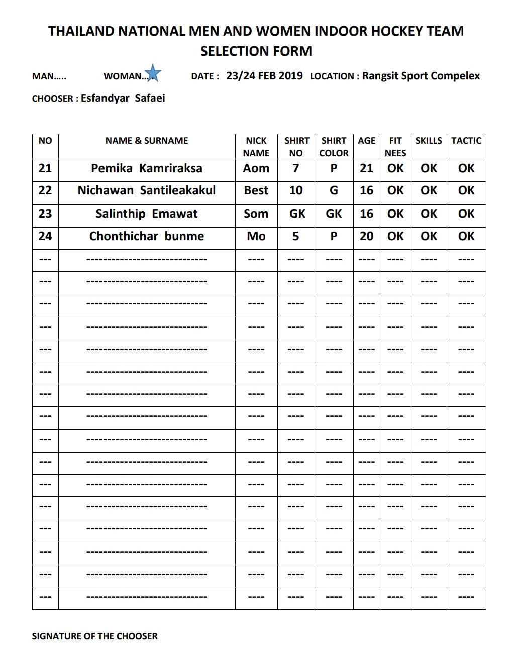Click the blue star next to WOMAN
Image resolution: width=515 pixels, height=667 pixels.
pos(153,73)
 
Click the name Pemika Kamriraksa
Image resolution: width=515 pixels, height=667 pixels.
pos(146,168)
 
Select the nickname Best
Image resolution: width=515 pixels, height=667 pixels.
pos(256,191)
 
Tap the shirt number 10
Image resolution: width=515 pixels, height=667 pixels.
pos(296,191)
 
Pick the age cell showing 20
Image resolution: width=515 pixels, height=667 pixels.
pos(366,236)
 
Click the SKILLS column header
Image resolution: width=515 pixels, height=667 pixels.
pos(429,141)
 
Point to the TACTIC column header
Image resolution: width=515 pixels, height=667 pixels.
pos(466,141)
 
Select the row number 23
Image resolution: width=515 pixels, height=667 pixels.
pos(45,214)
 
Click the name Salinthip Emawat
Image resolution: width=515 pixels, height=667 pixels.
pos(146,214)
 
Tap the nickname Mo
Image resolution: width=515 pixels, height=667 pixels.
pos(256,236)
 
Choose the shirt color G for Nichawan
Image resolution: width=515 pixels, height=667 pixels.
pos(334,191)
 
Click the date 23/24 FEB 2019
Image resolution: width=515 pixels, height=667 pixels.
pos(264,76)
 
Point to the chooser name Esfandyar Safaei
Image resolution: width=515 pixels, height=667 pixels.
pos(123,98)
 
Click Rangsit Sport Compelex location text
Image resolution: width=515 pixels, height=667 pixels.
pos(421,76)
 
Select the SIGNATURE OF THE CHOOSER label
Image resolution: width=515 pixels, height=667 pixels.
pos(94,636)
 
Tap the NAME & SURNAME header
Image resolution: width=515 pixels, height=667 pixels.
pos(146,141)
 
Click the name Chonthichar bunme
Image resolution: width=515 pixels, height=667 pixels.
pos(146,236)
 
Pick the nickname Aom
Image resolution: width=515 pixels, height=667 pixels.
pos(256,168)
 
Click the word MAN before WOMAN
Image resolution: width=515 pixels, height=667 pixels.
pos(43,76)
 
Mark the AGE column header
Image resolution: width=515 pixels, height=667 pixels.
pos(366,141)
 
